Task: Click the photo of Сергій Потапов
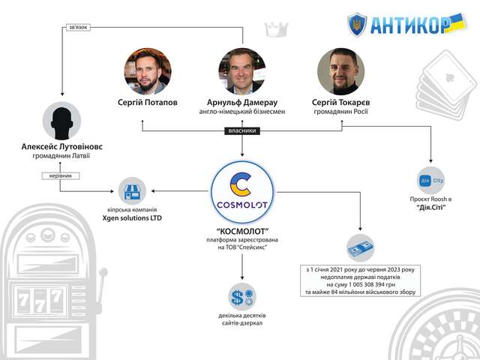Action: tap(147, 70)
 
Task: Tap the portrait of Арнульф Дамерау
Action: tap(241, 70)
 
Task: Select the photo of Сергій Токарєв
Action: tap(340, 70)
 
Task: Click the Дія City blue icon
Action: tap(431, 181)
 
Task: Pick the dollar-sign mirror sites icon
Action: tap(241, 295)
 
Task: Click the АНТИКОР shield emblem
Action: tap(357, 24)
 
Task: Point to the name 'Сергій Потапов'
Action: tap(147, 102)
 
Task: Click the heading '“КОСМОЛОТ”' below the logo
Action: tap(241, 231)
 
